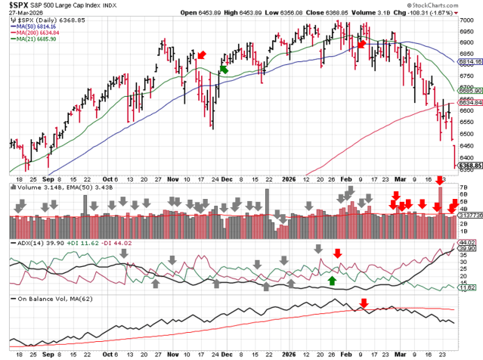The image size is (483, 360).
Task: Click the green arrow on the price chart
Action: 224,69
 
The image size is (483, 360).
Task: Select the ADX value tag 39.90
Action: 470,248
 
